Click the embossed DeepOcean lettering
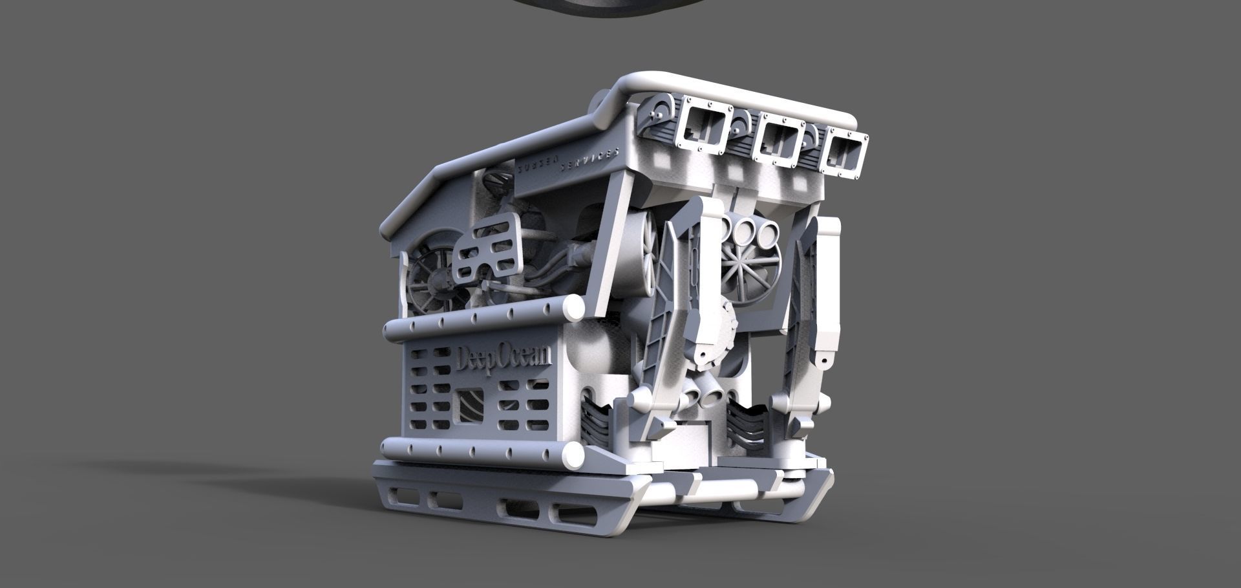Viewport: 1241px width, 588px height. coord(504,358)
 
